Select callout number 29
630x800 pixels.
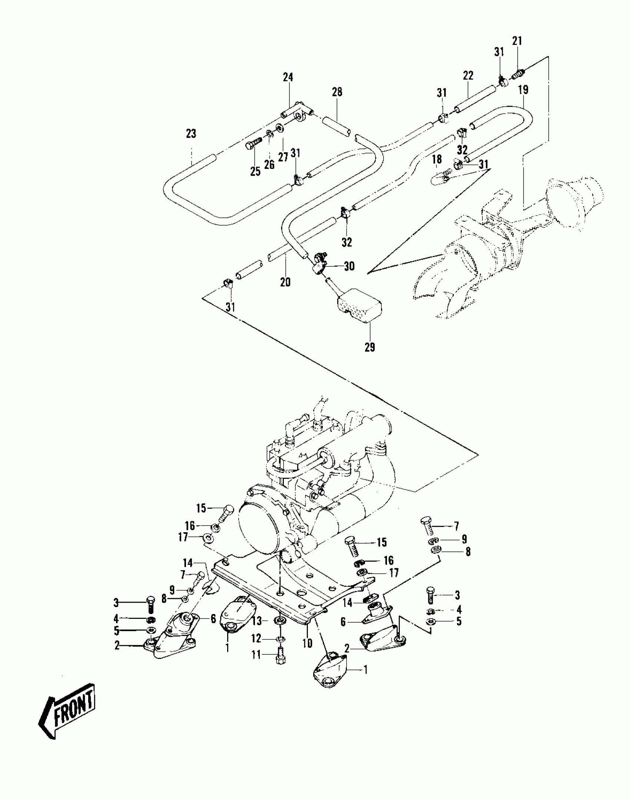[369, 347]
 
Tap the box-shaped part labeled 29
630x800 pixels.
[359, 306]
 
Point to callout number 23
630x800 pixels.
[191, 134]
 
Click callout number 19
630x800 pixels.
[523, 90]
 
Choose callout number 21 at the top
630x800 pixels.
[517, 41]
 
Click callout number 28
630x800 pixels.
[337, 92]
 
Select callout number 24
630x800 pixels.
[288, 77]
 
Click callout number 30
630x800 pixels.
[349, 266]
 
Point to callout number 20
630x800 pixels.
[285, 282]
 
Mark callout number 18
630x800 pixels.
[437, 159]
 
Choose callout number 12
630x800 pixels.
[257, 638]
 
